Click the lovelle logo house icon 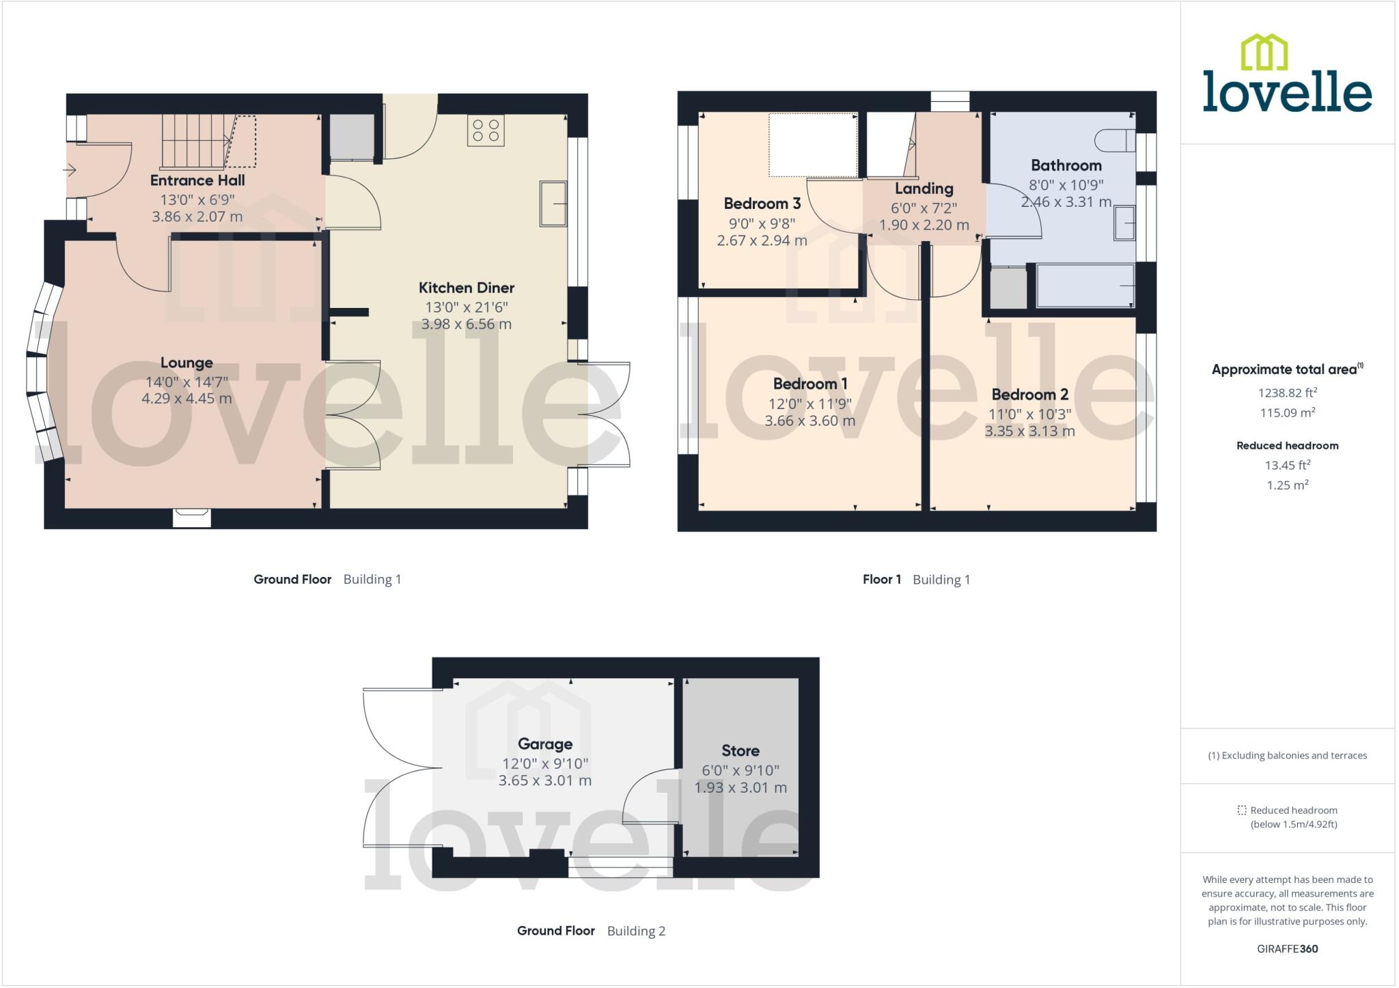pos(1264,53)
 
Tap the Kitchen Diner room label pos(466,287)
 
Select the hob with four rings pos(486,130)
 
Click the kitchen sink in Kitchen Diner pos(553,203)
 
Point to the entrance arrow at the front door pos(70,170)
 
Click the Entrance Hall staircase pos(195,141)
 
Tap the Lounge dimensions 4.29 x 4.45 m pos(186,398)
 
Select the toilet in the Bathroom pos(1113,141)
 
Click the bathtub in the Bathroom pos(1085,286)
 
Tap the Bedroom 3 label pos(762,203)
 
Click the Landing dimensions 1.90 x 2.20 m pos(924,225)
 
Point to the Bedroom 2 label pos(1029,394)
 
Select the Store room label pos(740,750)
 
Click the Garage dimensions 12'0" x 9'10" pos(544,763)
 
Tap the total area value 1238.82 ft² pos(1287,393)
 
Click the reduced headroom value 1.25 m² pos(1287,485)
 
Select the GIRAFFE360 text pos(1287,948)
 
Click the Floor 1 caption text pos(881,580)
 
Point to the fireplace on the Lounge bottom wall pos(192,518)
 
